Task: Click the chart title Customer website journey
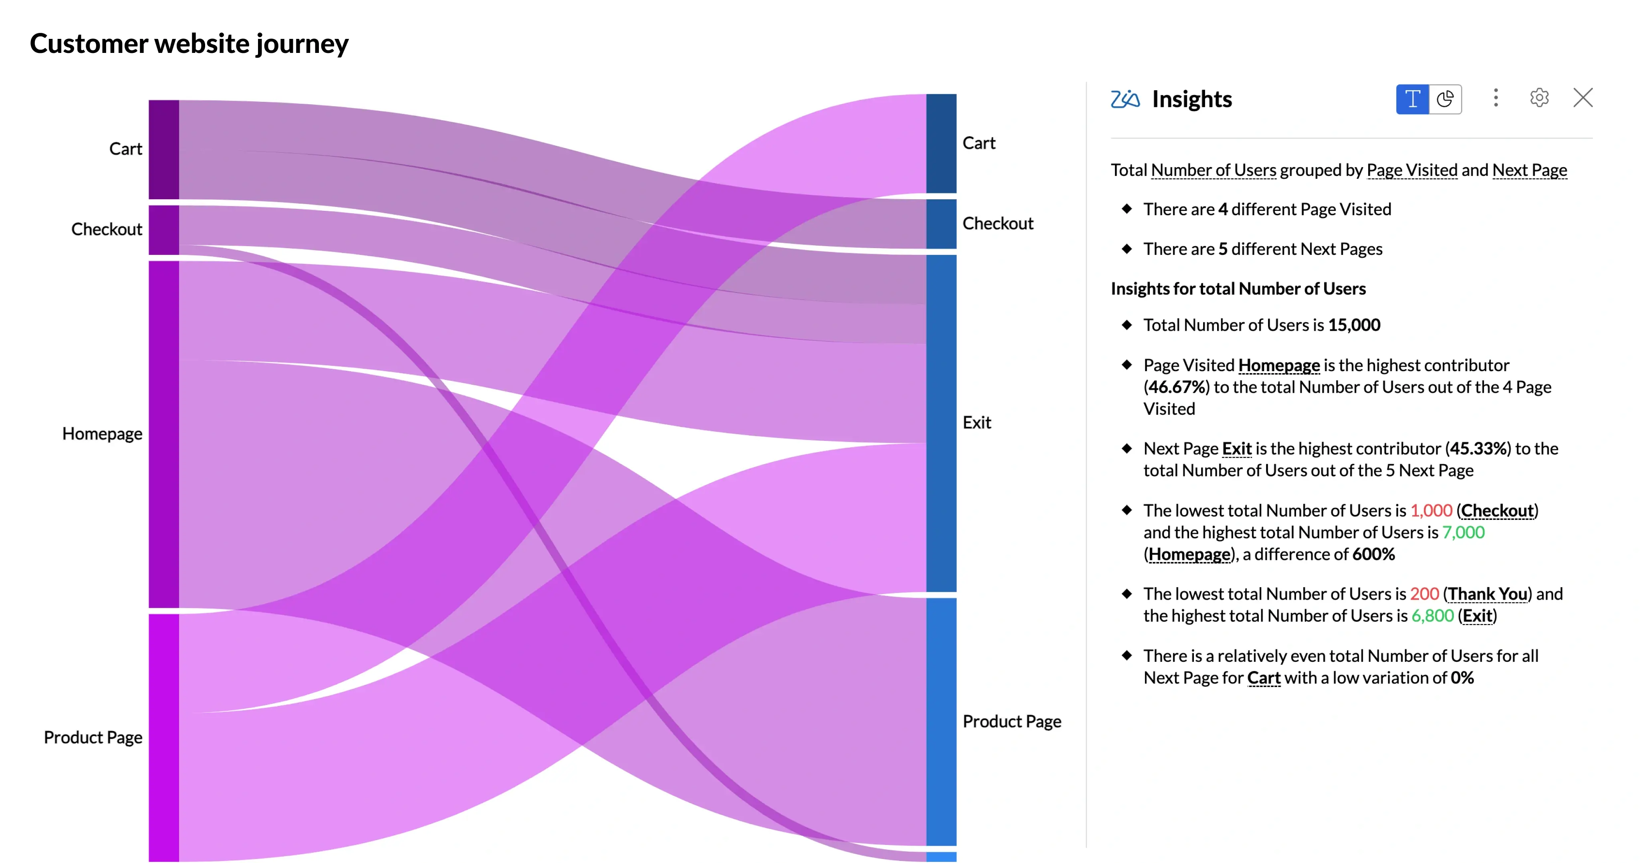pos(189,43)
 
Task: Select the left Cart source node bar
pos(164,149)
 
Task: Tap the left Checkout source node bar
pos(164,229)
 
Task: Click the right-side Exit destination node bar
pos(941,422)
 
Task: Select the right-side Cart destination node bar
pos(941,143)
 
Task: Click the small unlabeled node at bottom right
pos(941,857)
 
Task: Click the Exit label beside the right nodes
pos(977,422)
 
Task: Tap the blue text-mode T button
pos(1412,99)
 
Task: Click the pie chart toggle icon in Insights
pos(1445,99)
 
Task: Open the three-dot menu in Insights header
pos(1496,97)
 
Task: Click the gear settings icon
pos(1539,97)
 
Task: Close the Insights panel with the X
pos(1583,97)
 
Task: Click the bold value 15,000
pos(1354,325)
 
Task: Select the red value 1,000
pos(1431,511)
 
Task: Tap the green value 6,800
pos(1432,616)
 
